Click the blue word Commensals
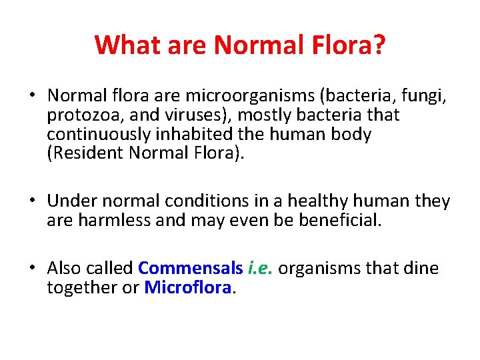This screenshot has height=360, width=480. pyautogui.click(x=190, y=268)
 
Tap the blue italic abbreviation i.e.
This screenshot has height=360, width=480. pyautogui.click(x=260, y=268)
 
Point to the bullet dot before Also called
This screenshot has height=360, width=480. pyautogui.click(x=33, y=268)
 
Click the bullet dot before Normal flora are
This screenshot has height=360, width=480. pyautogui.click(x=33, y=95)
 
